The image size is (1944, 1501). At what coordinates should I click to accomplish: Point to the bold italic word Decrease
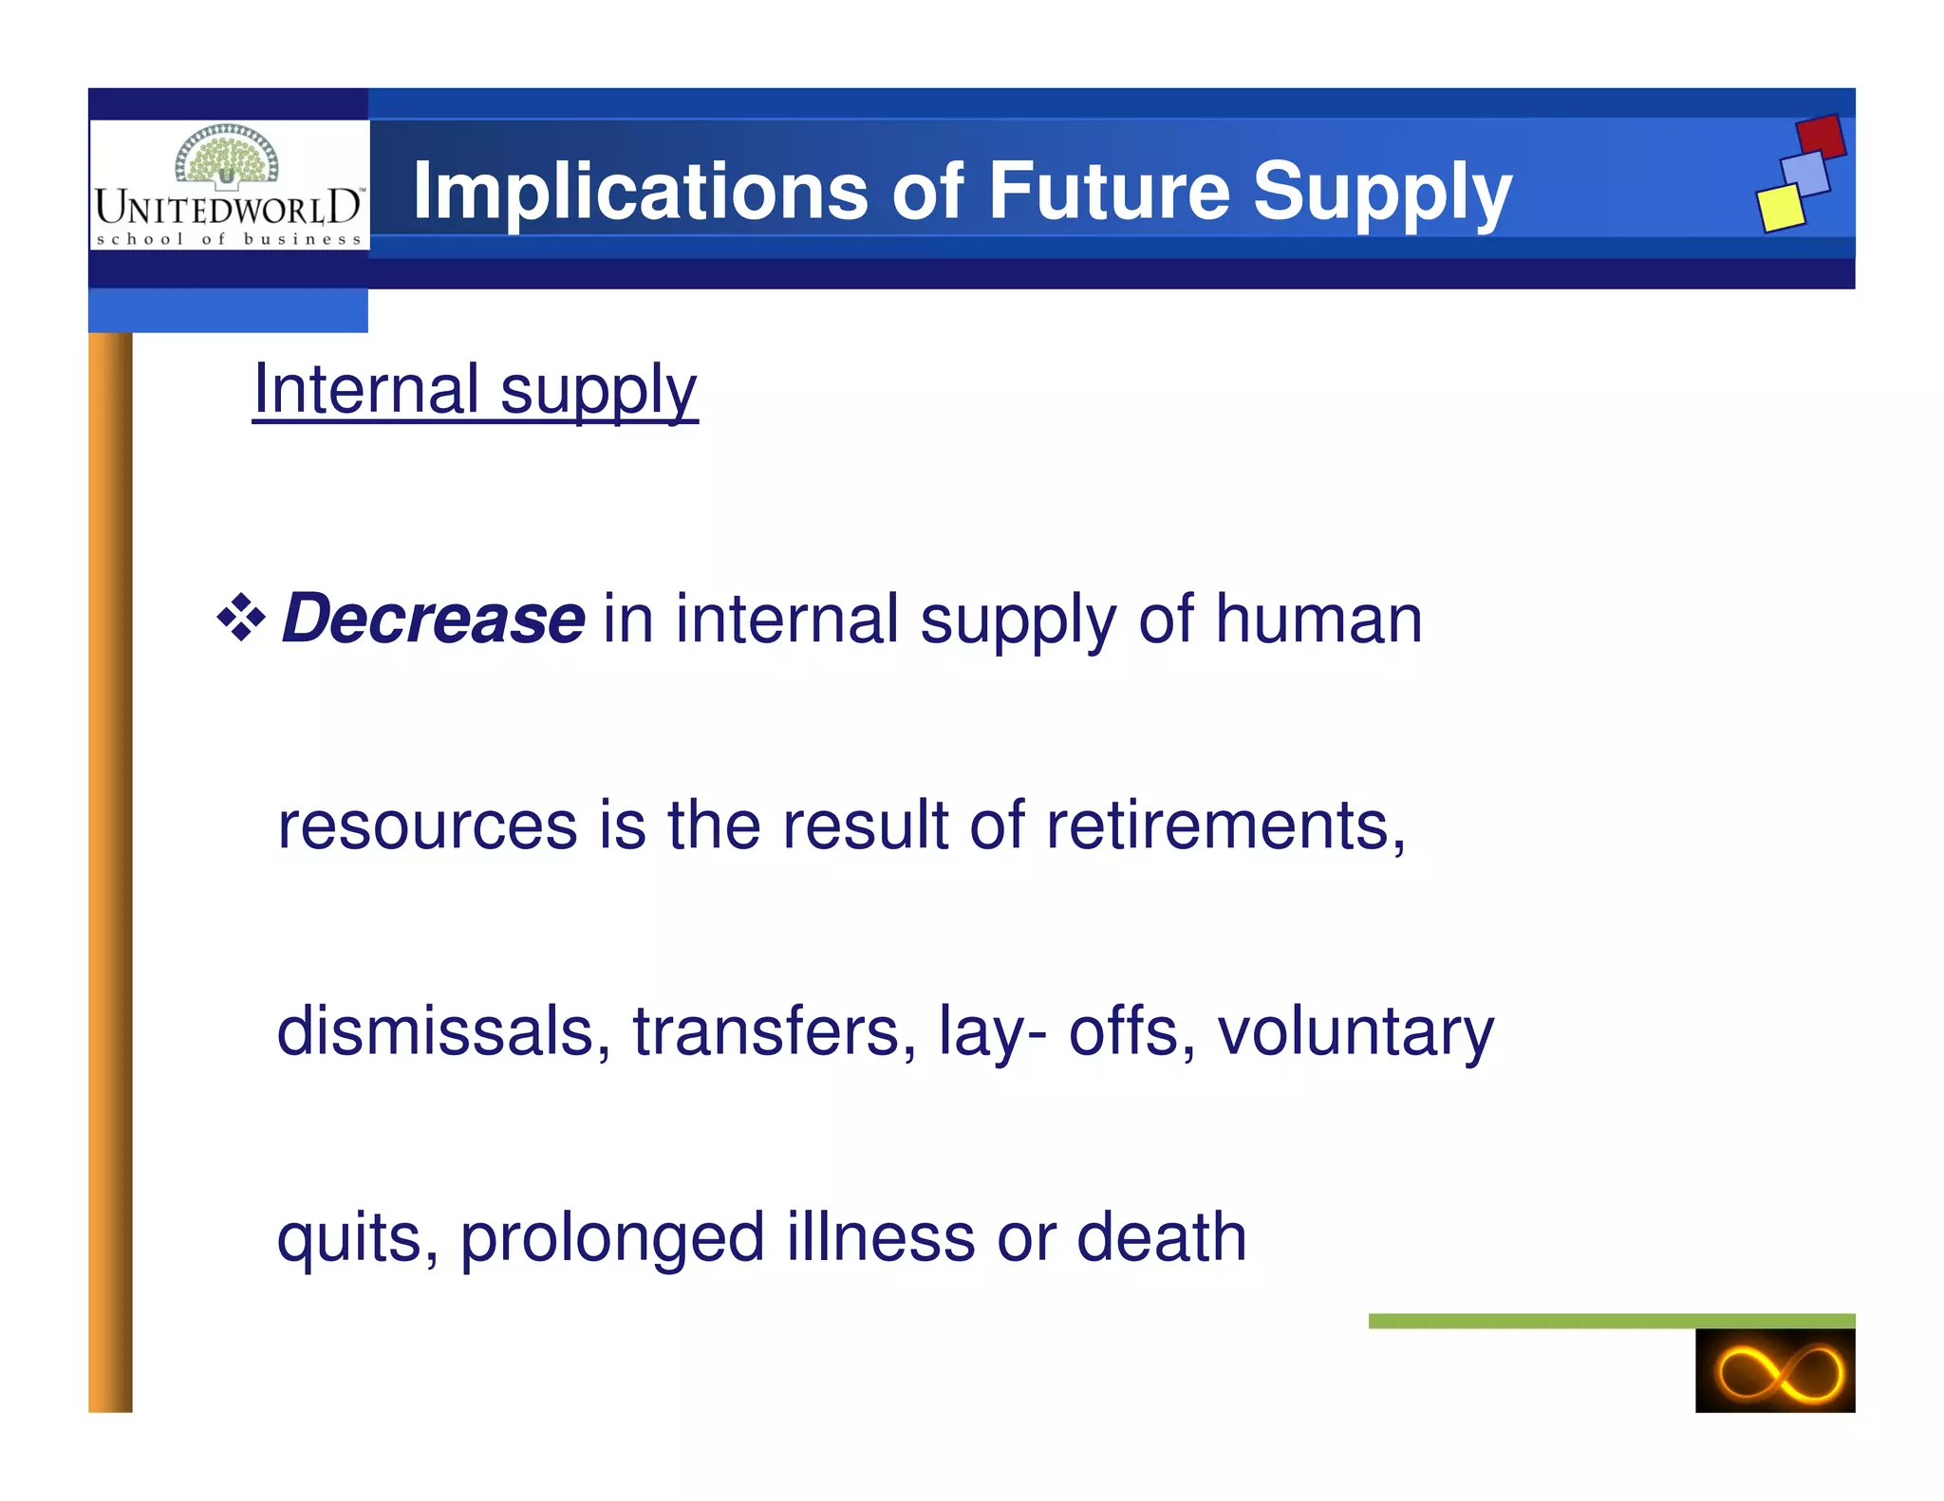tap(433, 619)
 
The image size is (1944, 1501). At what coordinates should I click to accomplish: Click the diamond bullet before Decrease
tap(241, 618)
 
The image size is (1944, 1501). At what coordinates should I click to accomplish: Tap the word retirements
tap(1224, 825)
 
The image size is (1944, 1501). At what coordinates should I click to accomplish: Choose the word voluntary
tap(1355, 1033)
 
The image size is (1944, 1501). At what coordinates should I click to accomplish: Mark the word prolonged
tap(612, 1239)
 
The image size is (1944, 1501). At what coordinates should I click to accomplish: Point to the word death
tap(1161, 1237)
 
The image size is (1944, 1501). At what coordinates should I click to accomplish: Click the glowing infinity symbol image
tap(1774, 1371)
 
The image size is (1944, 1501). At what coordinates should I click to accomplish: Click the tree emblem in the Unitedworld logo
tap(227, 155)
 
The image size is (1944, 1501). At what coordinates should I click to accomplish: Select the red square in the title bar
tap(1821, 138)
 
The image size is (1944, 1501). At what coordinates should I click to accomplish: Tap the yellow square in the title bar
tap(1780, 208)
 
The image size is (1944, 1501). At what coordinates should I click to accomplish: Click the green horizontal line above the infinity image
tap(1611, 1321)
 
